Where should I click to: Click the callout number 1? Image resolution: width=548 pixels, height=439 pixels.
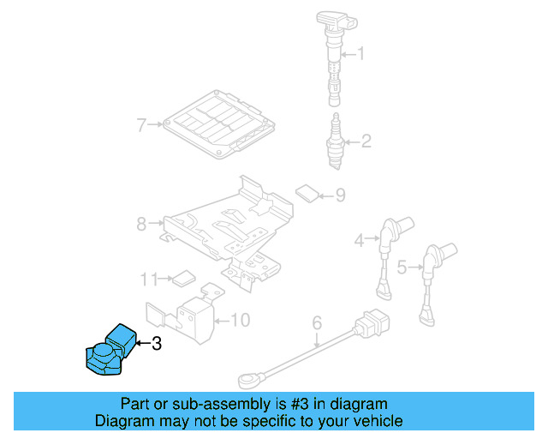pos(360,56)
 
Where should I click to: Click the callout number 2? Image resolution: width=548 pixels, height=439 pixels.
pos(366,141)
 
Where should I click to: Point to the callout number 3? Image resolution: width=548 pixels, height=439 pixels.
pos(155,345)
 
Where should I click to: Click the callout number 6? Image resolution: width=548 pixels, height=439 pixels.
pos(316,323)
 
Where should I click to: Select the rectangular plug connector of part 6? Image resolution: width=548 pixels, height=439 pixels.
pos(372,325)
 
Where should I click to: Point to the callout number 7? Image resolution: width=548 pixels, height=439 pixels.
pos(141,125)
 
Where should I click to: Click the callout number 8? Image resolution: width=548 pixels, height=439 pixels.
pos(141,225)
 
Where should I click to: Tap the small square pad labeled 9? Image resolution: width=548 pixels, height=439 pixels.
pos(306,191)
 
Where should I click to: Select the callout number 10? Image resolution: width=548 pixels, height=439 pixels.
pos(241,321)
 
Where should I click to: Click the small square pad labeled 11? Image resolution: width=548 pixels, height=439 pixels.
pos(182,278)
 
